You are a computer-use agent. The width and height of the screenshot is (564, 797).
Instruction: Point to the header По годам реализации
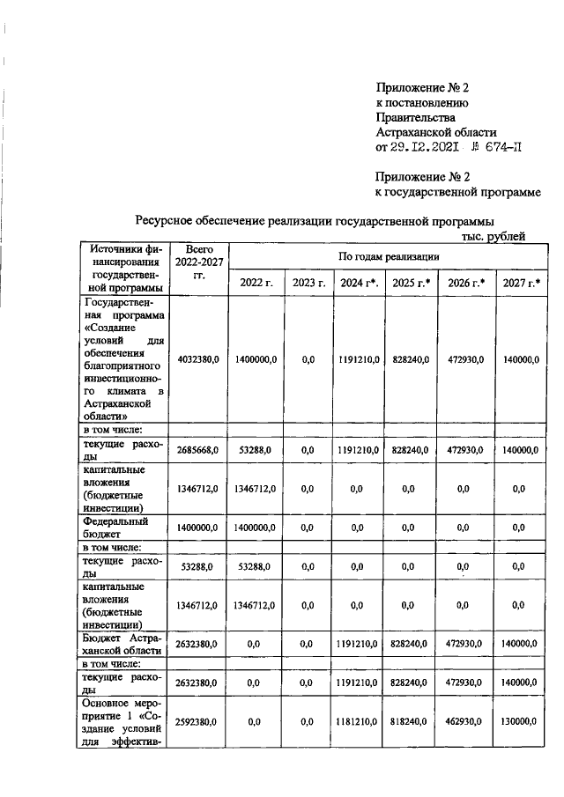(x=389, y=255)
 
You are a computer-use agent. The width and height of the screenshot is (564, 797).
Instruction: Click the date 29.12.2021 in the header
(x=428, y=147)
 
